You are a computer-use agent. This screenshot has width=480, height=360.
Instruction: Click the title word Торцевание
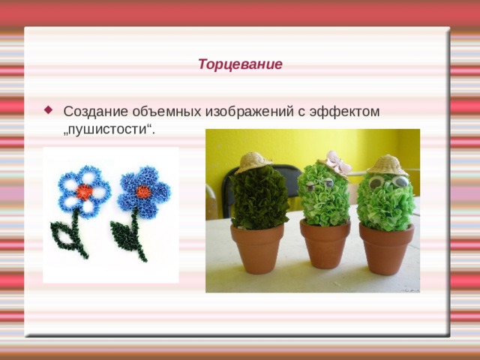pyautogui.click(x=240, y=64)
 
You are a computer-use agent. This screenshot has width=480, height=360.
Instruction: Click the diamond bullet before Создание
pyautogui.click(x=49, y=109)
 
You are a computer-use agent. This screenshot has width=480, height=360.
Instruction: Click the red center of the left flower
pyautogui.click(x=84, y=191)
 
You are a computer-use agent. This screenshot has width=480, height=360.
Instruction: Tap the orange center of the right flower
pyautogui.click(x=143, y=192)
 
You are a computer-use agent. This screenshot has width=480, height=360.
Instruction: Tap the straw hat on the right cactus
pyautogui.click(x=388, y=164)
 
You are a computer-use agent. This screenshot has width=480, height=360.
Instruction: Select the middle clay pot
pyautogui.click(x=325, y=242)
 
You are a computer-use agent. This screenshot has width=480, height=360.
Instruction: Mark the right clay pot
pyautogui.click(x=386, y=247)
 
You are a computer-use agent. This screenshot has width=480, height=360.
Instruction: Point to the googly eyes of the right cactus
pyautogui.click(x=388, y=182)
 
